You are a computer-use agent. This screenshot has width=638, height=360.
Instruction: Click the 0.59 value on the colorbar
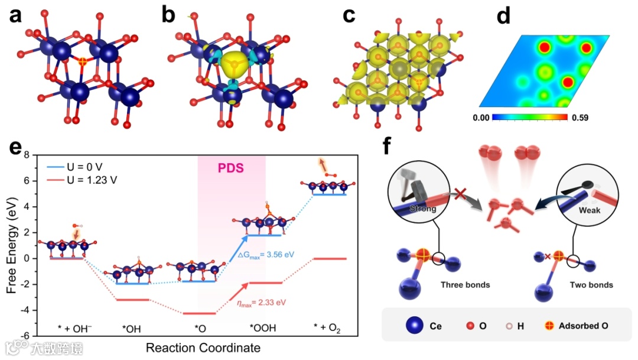pos(578,118)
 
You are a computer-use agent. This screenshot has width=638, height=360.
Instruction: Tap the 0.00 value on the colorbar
pos(480,118)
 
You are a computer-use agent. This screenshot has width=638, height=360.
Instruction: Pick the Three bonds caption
pos(466,285)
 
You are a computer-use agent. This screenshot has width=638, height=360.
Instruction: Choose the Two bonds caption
pos(591,285)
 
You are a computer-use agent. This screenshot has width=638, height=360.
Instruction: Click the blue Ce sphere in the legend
pos(415,326)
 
